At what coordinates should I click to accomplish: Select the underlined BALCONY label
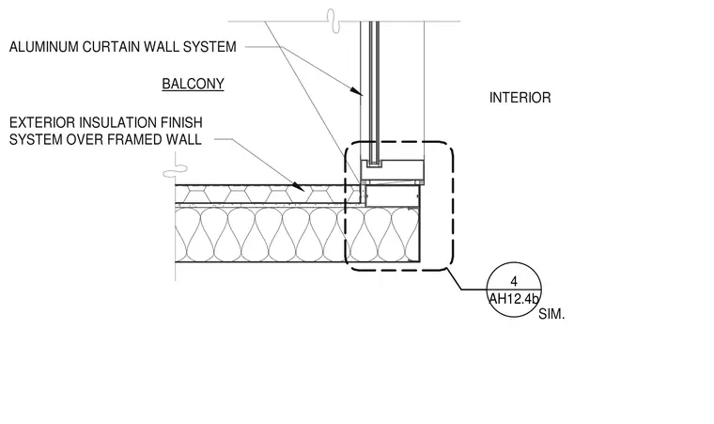click(194, 84)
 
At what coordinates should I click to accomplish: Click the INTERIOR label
click(520, 98)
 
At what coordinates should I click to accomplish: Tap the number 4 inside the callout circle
click(514, 281)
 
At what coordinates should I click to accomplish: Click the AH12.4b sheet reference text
click(514, 299)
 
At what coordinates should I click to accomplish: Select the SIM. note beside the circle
click(551, 314)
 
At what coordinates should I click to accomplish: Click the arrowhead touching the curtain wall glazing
click(357, 91)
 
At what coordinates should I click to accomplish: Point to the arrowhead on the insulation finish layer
click(299, 186)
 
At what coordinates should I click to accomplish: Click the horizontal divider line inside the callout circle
click(514, 290)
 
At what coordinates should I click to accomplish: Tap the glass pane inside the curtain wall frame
click(374, 91)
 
